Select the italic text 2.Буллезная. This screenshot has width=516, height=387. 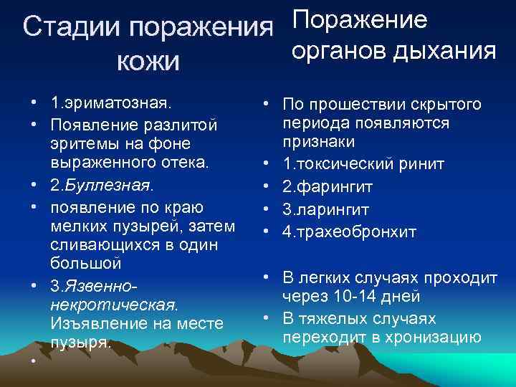tap(102, 185)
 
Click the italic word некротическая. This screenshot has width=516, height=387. tap(114, 305)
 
